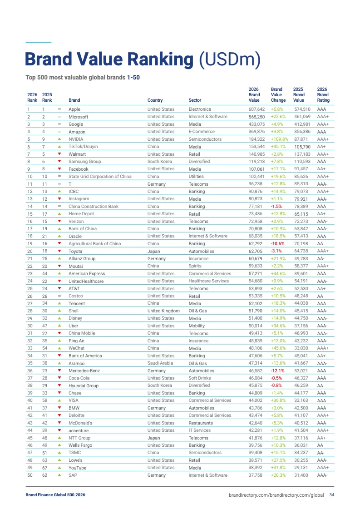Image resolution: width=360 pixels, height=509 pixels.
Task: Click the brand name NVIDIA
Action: pos(76,139)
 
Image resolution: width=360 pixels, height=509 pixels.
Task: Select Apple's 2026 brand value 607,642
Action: pos(256,109)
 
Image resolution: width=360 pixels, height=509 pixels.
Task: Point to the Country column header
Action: pos(155,100)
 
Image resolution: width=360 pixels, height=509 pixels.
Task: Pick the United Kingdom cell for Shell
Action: pos(163,311)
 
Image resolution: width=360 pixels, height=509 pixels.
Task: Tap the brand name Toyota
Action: pos(75,251)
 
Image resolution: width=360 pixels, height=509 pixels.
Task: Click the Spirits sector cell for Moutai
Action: pos(195,266)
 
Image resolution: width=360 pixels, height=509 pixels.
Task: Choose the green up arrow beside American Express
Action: pos(59,274)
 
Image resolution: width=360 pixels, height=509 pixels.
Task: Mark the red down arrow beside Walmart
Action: pos(59,154)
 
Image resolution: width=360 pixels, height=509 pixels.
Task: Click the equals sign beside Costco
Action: pos(59,296)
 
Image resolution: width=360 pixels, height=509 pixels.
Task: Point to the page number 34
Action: pos(332,495)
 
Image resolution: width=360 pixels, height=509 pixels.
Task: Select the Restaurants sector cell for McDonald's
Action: pos(201,423)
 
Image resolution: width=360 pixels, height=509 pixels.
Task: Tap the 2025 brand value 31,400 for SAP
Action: pos(301,475)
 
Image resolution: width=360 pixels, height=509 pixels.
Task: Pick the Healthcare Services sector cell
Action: pos(208,281)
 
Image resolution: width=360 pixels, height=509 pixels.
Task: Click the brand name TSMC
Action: pos(74,453)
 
